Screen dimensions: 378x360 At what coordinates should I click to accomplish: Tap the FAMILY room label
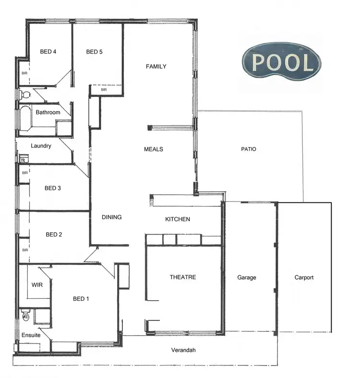click(x=156, y=67)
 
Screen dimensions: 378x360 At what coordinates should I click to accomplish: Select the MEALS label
click(x=154, y=149)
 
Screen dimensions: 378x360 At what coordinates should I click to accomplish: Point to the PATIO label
click(x=249, y=149)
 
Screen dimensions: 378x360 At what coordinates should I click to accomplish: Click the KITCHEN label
click(x=178, y=219)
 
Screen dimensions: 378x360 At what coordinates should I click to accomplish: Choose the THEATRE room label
click(x=183, y=277)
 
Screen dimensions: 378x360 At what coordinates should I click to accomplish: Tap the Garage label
click(x=247, y=278)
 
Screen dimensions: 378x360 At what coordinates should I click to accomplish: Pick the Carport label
click(x=304, y=278)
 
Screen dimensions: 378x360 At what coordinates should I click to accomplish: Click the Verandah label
click(x=183, y=350)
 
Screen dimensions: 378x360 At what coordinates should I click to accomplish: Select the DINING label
click(x=112, y=217)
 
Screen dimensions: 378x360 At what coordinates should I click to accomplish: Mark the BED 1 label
click(x=81, y=299)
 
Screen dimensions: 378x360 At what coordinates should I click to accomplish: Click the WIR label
click(x=37, y=284)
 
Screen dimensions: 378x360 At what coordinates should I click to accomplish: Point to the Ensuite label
click(x=31, y=335)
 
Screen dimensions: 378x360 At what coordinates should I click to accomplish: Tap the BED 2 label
click(x=54, y=235)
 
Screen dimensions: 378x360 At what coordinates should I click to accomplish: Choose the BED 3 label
click(x=52, y=188)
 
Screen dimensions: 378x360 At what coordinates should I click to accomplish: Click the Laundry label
click(x=41, y=146)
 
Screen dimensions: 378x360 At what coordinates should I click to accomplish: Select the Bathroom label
click(x=48, y=112)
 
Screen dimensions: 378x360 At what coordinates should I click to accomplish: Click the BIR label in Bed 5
click(x=104, y=90)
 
